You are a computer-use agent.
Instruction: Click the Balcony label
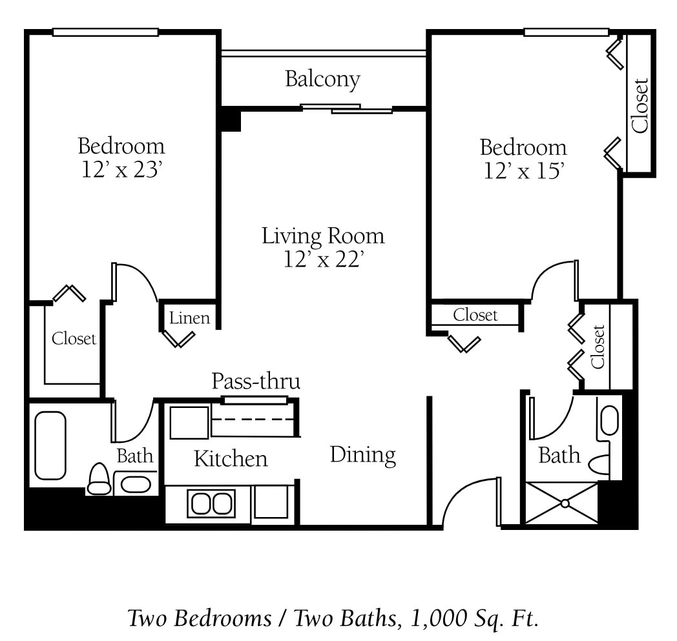[322, 79]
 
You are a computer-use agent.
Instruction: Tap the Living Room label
[322, 236]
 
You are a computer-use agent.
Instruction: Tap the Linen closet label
[189, 318]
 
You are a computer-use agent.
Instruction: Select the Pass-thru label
[256, 382]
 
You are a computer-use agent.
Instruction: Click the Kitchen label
[231, 459]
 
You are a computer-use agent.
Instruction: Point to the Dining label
[362, 455]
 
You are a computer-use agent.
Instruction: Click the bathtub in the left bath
[50, 445]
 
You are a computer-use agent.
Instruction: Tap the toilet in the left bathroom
[99, 480]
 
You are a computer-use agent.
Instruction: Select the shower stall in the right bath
[561, 502]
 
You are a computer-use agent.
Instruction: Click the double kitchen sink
[211, 504]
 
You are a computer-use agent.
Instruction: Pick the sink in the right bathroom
[609, 420]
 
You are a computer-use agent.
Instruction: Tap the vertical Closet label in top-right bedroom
[640, 105]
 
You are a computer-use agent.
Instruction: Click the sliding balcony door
[346, 108]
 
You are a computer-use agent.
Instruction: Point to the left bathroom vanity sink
[136, 484]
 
